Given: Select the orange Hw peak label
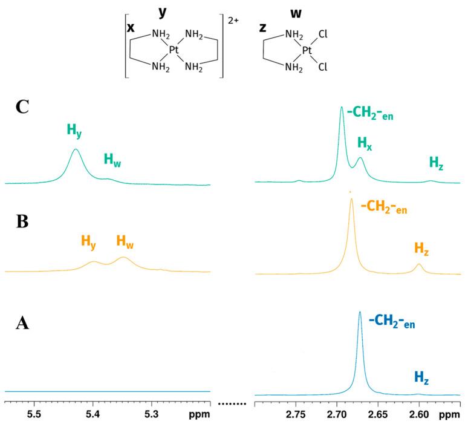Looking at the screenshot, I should click(x=125, y=243).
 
